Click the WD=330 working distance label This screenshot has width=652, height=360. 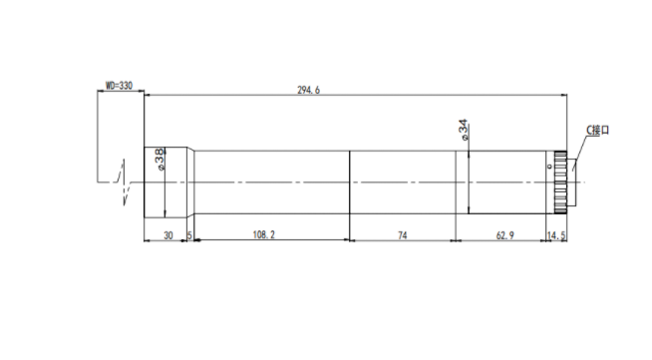tap(119, 86)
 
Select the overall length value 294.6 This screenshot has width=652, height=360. tap(308, 90)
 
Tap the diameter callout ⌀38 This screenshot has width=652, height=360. tap(160, 160)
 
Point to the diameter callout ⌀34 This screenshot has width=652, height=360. tap(464, 130)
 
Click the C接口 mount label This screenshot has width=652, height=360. tap(597, 130)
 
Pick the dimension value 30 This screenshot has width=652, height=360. tap(168, 235)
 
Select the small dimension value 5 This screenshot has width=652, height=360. tap(189, 235)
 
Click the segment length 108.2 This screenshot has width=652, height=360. tap(264, 235)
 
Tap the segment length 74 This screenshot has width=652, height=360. tap(402, 235)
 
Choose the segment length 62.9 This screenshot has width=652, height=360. tap(504, 235)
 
